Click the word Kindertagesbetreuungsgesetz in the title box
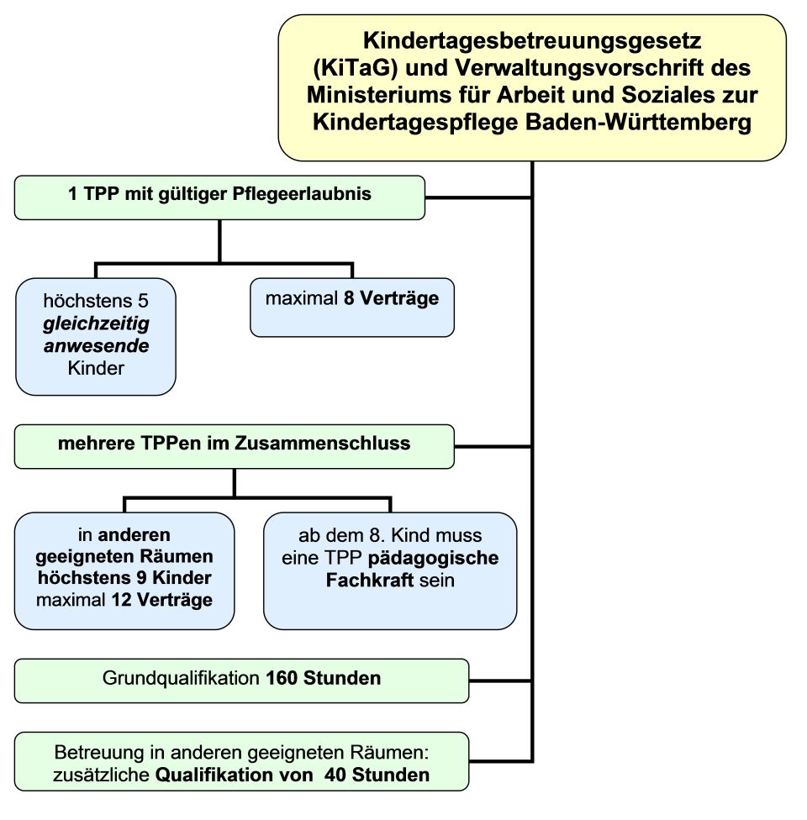tap(532, 41)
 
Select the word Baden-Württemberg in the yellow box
tap(639, 122)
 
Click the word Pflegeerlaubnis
tap(302, 194)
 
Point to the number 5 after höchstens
tap(143, 301)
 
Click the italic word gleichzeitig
tap(97, 323)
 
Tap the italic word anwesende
tap(97, 345)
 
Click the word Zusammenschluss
tap(322, 443)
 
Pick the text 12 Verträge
tap(161, 600)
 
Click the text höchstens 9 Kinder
tap(124, 578)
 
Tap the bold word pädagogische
tap(433, 558)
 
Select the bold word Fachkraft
tap(370, 580)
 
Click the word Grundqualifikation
tap(181, 678)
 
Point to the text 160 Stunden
tap(324, 678)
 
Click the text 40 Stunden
tap(377, 775)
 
